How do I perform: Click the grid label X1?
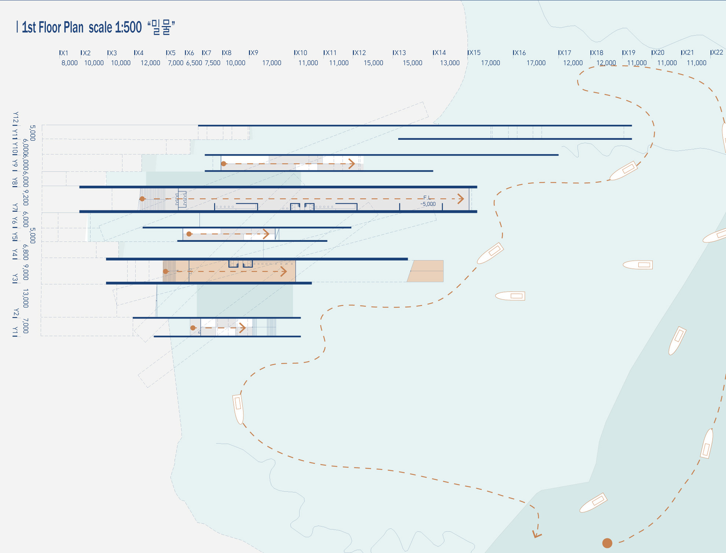tap(64, 53)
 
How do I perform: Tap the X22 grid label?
tap(717, 53)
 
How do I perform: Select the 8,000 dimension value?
tap(70, 63)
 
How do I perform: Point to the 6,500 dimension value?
tap(194, 63)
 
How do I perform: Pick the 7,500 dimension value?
tap(213, 63)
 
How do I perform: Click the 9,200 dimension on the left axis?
tap(25, 198)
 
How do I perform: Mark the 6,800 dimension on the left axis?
tap(25, 252)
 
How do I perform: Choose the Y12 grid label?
tap(16, 118)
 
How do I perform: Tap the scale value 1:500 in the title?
tap(128, 27)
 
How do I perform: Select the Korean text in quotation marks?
tap(161, 27)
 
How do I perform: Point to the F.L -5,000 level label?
tap(428, 201)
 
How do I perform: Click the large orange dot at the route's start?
tap(607, 543)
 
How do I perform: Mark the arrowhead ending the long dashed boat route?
tap(537, 534)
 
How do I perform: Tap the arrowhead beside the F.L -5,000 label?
tap(461, 199)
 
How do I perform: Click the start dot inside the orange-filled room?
tap(166, 271)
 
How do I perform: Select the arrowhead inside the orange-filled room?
tap(284, 271)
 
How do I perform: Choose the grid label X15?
tap(474, 53)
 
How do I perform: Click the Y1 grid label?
tap(15, 332)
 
